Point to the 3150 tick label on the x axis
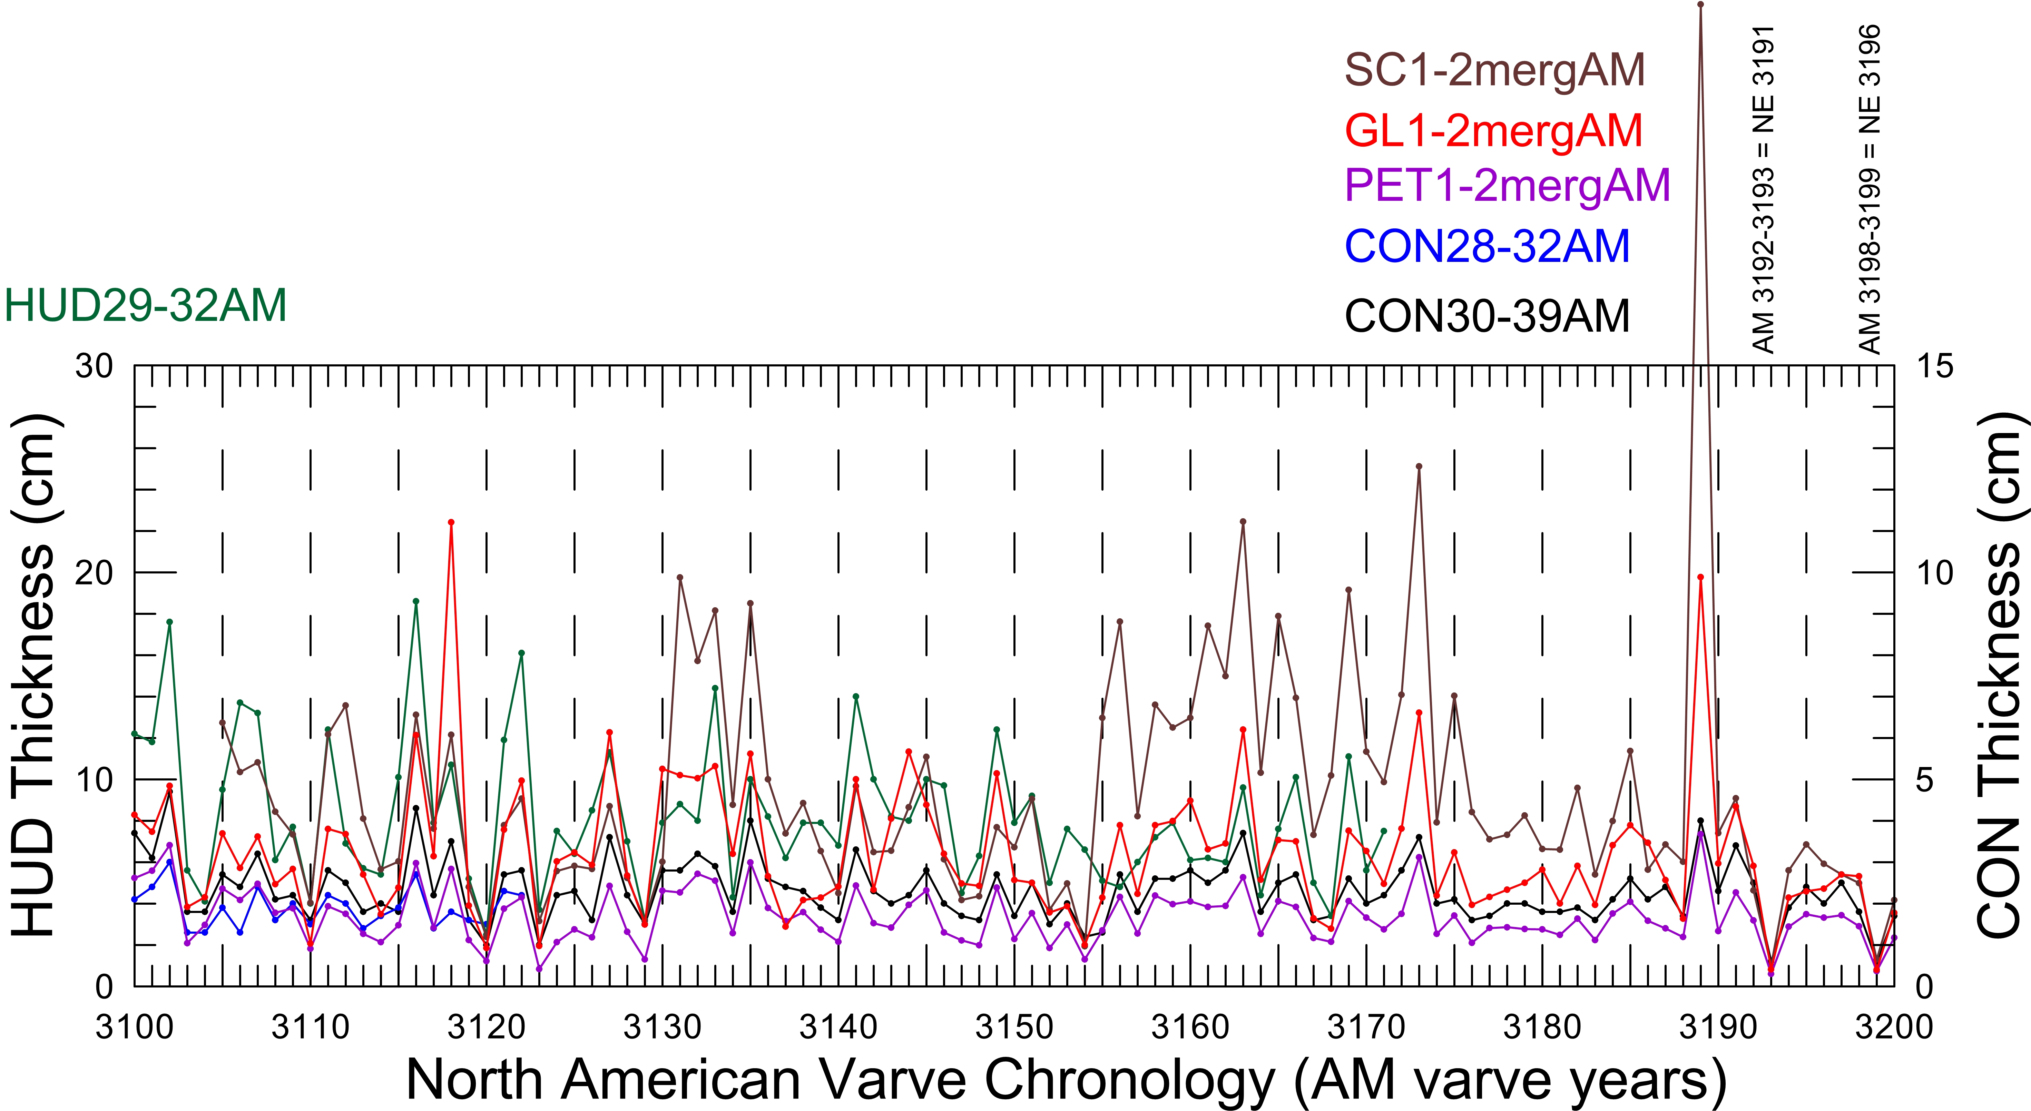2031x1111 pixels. pyautogui.click(x=1014, y=1026)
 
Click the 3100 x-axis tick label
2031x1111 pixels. pyautogui.click(x=134, y=1026)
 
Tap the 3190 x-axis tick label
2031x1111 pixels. pyautogui.click(x=1718, y=1026)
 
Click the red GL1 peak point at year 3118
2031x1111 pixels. pyautogui.click(x=451, y=522)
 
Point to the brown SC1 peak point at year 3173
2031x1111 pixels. pyautogui.click(x=1419, y=466)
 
